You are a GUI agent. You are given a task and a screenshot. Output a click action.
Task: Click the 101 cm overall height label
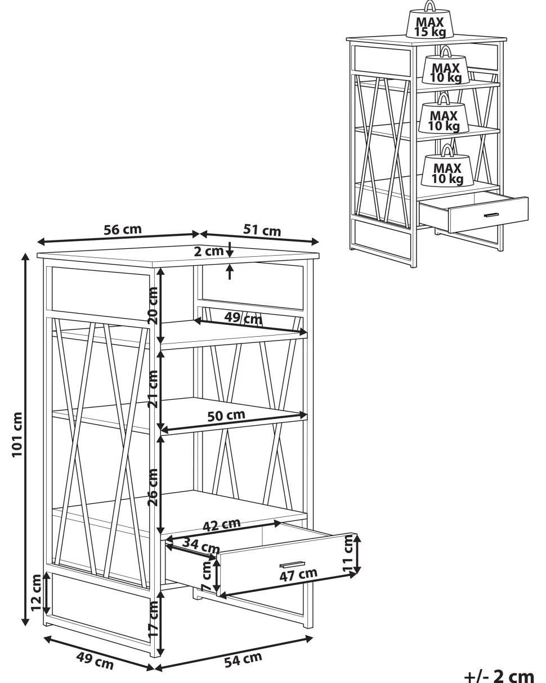tap(17, 435)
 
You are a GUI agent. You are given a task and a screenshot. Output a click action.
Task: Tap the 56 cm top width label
tap(123, 230)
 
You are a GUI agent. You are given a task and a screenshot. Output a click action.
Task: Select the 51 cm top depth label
tap(262, 230)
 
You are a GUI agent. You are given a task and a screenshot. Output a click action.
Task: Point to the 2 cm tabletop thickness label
tap(208, 251)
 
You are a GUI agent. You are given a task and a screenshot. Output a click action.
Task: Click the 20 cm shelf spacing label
tap(153, 305)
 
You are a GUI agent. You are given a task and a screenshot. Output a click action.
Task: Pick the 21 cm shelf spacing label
tap(153, 389)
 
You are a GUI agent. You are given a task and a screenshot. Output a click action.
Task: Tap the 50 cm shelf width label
tap(226, 416)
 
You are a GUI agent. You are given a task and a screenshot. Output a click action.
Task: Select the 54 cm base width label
tap(243, 659)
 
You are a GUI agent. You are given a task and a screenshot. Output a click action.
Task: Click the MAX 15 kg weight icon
tap(430, 20)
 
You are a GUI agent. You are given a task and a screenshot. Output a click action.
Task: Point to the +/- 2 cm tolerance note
tap(499, 676)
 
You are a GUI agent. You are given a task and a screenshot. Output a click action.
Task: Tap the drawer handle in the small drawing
tap(491, 215)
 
